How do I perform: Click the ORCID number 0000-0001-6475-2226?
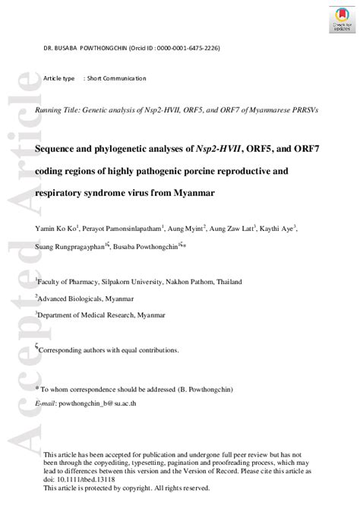190,49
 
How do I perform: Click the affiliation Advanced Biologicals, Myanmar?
87,297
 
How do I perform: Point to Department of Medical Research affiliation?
102,314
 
